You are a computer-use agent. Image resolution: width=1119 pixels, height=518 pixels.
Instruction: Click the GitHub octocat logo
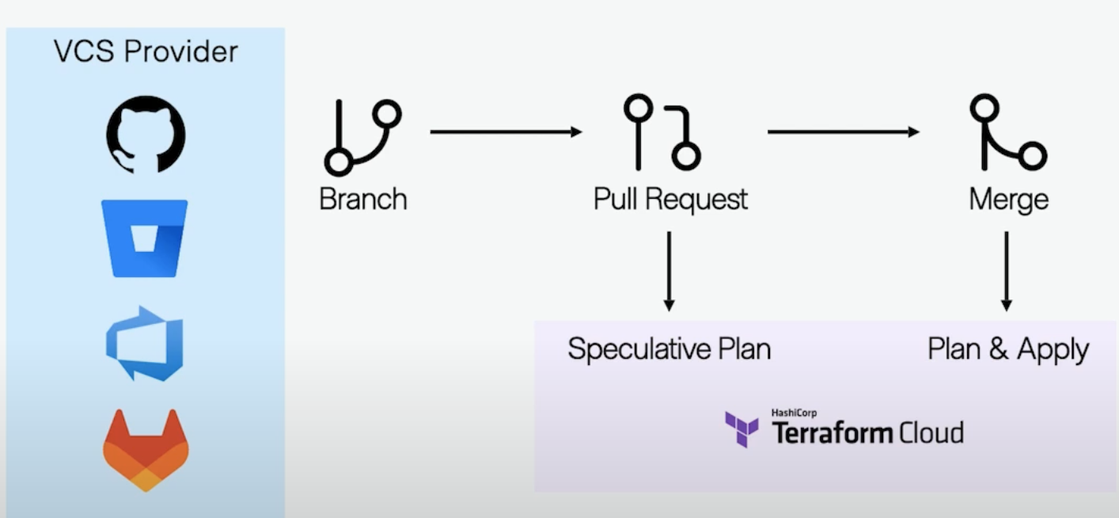pyautogui.click(x=146, y=134)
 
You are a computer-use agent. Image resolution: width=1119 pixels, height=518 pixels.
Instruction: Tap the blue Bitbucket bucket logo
pyautogui.click(x=145, y=238)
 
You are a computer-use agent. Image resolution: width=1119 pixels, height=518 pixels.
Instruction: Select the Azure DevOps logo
pyautogui.click(x=145, y=343)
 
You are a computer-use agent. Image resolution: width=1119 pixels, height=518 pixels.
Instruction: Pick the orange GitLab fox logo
pyautogui.click(x=145, y=449)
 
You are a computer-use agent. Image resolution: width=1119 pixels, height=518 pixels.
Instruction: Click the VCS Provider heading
pyautogui.click(x=146, y=52)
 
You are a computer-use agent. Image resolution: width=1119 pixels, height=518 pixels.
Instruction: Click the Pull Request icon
pyautogui.click(x=662, y=133)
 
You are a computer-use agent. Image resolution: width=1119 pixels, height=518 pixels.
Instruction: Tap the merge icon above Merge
pyautogui.click(x=1007, y=133)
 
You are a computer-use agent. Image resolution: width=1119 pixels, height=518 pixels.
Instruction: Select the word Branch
pyautogui.click(x=362, y=198)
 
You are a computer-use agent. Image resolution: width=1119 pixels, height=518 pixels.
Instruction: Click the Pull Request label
pyautogui.click(x=670, y=199)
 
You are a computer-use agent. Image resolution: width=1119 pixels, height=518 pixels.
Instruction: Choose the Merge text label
pyautogui.click(x=1008, y=199)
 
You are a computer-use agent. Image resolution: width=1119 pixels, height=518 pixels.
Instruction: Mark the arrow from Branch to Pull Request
pyautogui.click(x=506, y=131)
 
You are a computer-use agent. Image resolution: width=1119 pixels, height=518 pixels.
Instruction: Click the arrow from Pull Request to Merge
pyautogui.click(x=843, y=131)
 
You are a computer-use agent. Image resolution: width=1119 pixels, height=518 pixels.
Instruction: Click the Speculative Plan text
pyautogui.click(x=669, y=349)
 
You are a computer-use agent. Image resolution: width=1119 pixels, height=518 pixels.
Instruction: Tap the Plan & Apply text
pyautogui.click(x=1007, y=349)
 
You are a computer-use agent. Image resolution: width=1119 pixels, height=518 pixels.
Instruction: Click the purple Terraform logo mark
pyautogui.click(x=742, y=428)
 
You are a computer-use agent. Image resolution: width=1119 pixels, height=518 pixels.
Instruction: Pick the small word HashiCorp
pyautogui.click(x=794, y=413)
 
